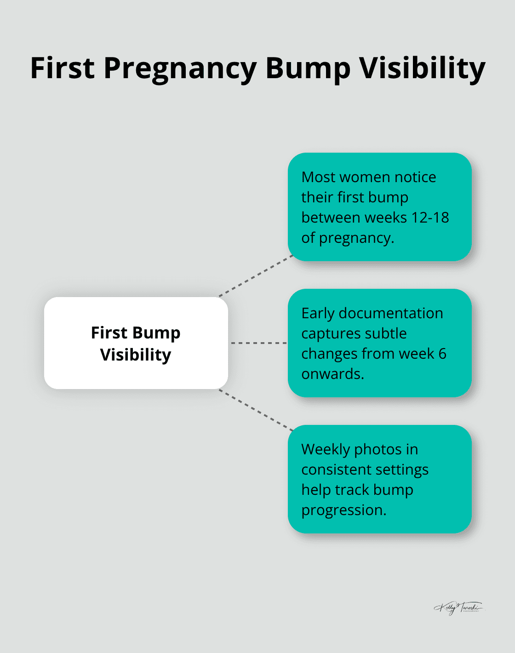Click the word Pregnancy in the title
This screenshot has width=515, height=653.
180,69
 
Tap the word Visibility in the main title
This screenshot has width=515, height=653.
422,68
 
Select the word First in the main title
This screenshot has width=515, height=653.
62,68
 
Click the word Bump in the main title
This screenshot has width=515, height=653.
308,69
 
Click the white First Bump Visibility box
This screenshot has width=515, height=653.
136,343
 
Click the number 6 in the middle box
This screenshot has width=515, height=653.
442,354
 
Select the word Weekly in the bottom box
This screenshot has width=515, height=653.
326,449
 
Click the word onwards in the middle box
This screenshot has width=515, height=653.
332,374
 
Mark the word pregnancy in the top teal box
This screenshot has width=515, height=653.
356,238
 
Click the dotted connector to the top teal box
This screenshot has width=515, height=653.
256,276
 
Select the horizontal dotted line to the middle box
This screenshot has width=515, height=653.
258,343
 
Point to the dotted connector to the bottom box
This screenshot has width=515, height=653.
256,410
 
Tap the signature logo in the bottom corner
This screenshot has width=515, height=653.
458,607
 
